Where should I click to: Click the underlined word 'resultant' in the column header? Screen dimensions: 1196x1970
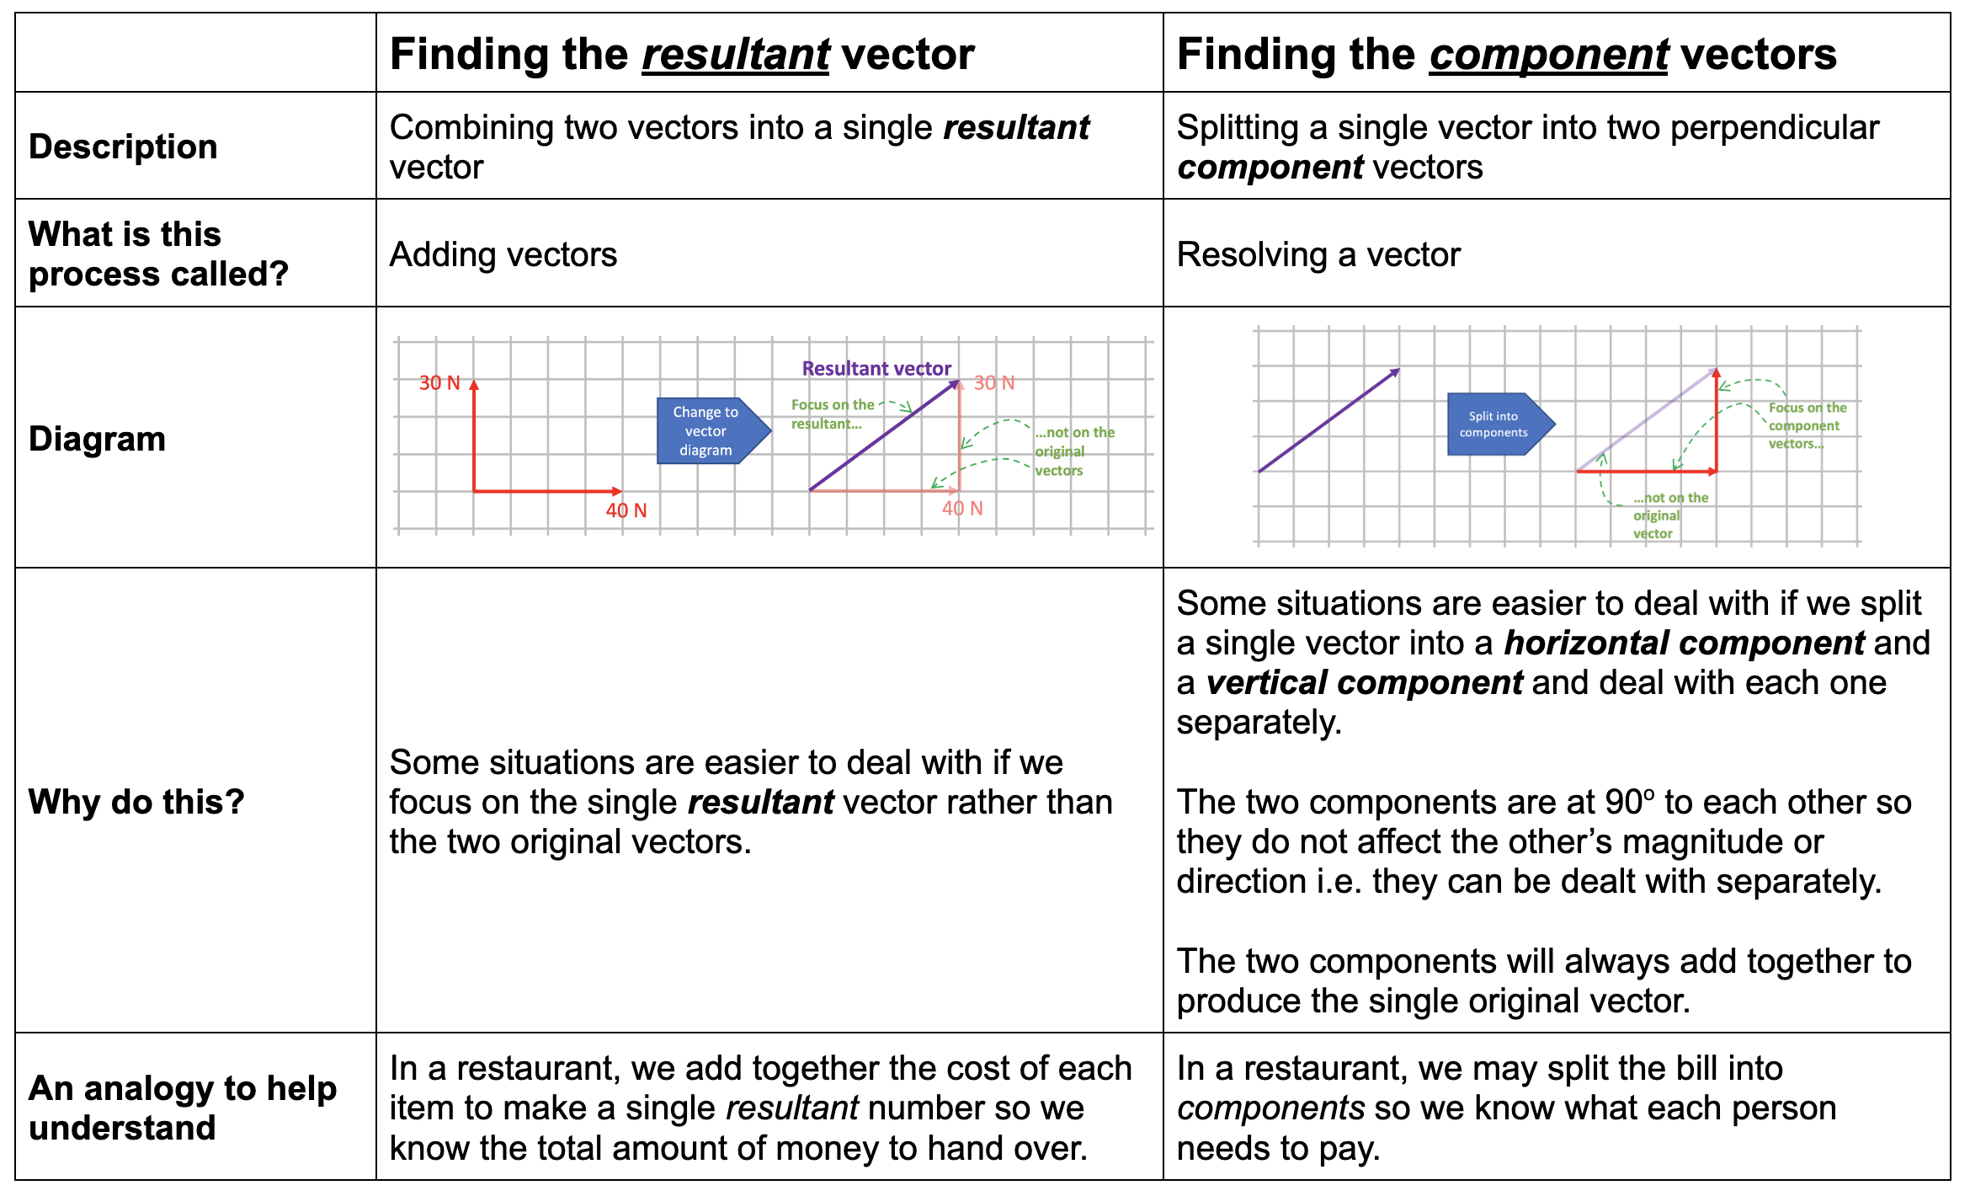pos(735,56)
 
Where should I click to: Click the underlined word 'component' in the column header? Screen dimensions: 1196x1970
pos(1548,56)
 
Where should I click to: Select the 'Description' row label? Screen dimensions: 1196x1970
pos(123,147)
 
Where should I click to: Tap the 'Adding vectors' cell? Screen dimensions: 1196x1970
pos(503,254)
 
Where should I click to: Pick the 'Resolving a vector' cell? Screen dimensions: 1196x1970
pos(1318,254)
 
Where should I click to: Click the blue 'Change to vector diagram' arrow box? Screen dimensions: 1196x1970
pos(711,431)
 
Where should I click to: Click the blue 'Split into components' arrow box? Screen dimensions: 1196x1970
pos(1497,424)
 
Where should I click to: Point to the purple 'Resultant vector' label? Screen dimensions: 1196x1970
pos(876,368)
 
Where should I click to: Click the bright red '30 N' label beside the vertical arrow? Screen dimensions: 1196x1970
pos(439,383)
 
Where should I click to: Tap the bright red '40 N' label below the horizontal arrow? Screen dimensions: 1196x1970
pos(626,510)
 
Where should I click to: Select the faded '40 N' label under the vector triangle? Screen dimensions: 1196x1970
pos(962,509)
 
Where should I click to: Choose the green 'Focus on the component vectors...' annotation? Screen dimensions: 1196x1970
pos(1806,425)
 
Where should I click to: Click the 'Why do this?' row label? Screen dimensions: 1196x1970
pos(136,802)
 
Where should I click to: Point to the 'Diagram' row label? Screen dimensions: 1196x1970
pos(97,439)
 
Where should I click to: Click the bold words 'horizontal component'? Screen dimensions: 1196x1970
pos(1684,643)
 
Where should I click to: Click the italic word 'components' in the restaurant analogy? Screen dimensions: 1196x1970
pos(1270,1108)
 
